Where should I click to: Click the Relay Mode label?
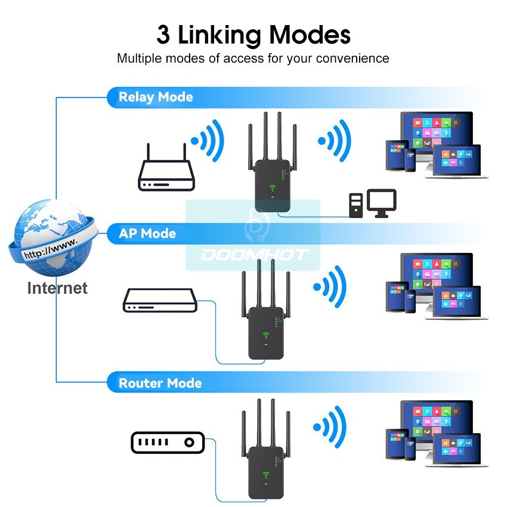tap(156, 97)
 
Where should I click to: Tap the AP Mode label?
tap(147, 233)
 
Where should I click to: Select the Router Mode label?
tap(160, 383)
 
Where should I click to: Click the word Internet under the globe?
tap(57, 288)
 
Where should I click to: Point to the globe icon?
tap(53, 237)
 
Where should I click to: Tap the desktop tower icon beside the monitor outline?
tap(356, 206)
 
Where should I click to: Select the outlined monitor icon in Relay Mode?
tap(382, 203)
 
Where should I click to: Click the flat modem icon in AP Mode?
tap(160, 301)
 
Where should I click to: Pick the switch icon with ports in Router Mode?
tap(168, 443)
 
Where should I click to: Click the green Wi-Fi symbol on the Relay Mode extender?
tap(272, 188)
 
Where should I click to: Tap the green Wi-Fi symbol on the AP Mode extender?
tap(266, 335)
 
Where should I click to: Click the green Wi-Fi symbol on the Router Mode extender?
tap(266, 475)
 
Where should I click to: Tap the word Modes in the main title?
tap(310, 35)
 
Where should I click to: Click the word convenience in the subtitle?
tap(353, 58)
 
